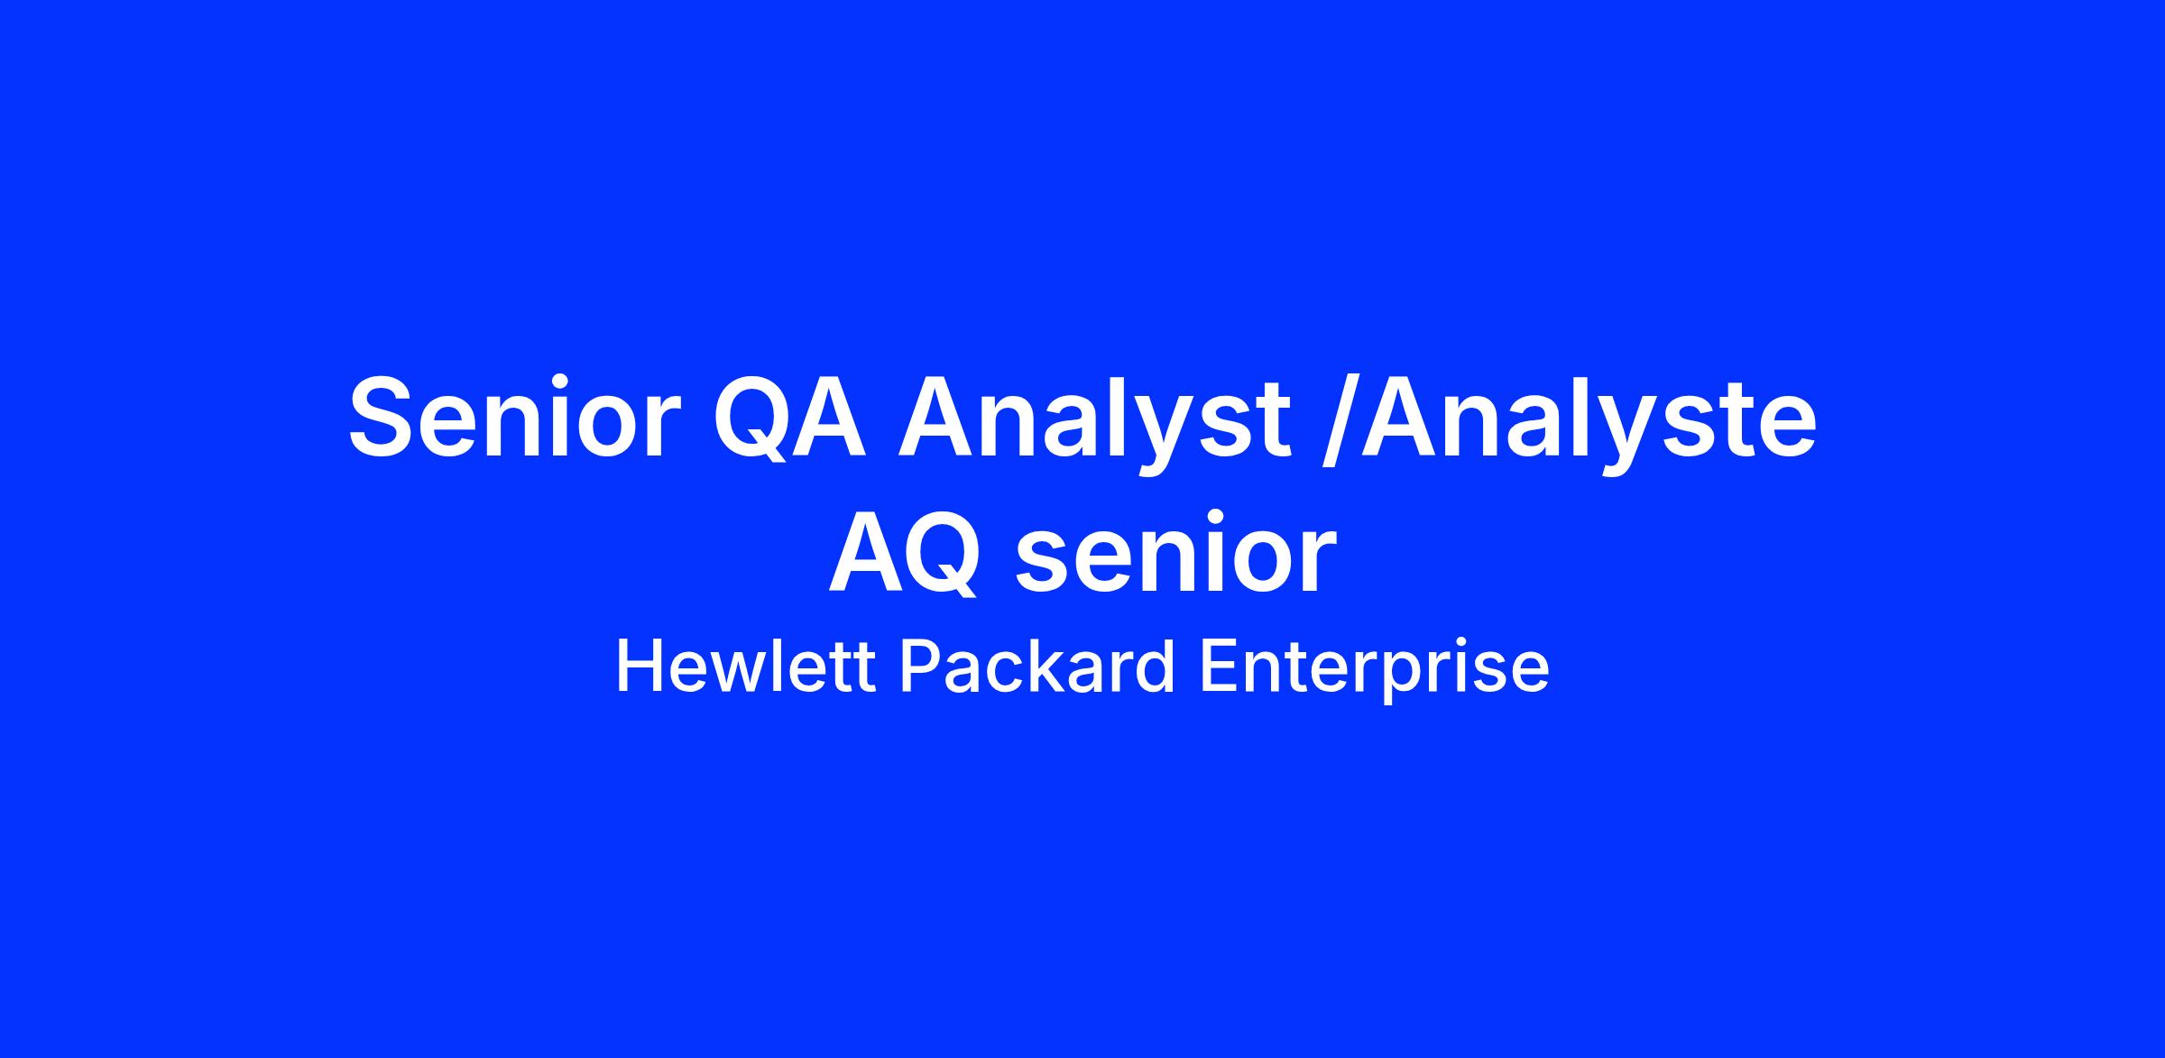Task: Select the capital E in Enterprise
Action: pyautogui.click(x=1218, y=667)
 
